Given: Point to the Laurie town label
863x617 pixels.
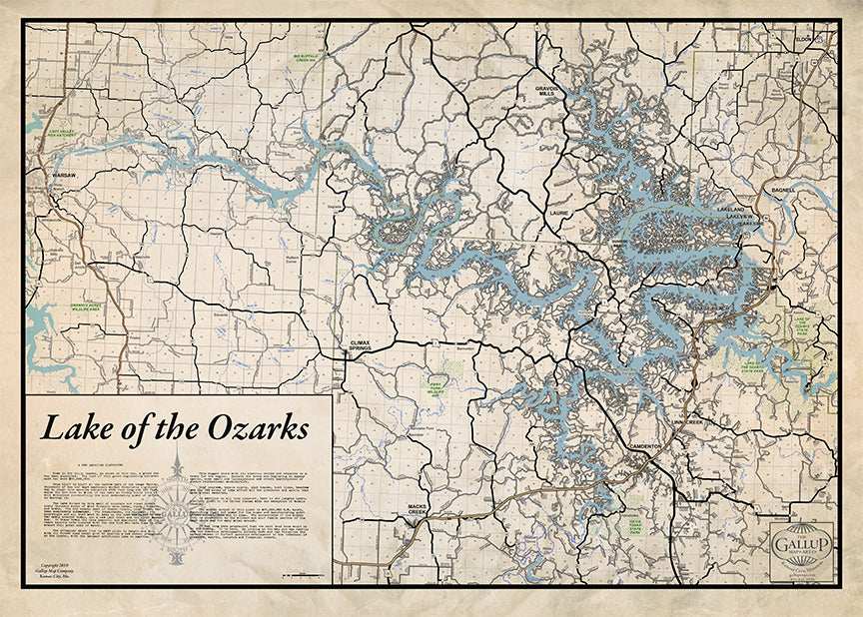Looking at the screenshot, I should pyautogui.click(x=557, y=213).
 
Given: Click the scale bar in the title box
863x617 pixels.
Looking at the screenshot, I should pyautogui.click(x=301, y=576).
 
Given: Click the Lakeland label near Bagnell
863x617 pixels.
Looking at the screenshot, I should pyautogui.click(x=731, y=211).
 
